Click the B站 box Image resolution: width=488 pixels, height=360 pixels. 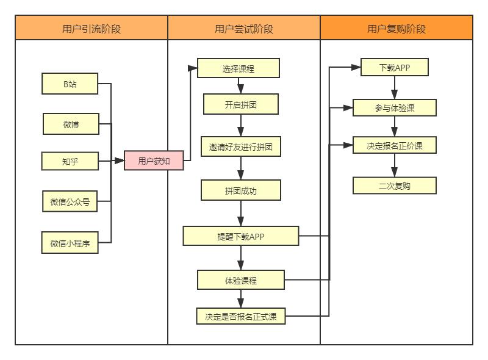click(70, 84)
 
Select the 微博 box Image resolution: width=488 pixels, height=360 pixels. click(71, 124)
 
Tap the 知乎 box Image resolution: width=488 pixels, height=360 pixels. click(70, 161)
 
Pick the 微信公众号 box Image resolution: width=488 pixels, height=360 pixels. click(70, 201)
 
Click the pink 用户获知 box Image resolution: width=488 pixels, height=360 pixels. click(154, 161)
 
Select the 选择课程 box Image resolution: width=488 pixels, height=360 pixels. click(238, 68)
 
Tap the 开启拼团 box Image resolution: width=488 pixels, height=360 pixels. click(240, 104)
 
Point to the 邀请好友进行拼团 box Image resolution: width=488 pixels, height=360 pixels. click(240, 147)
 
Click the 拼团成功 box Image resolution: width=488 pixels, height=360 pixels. click(240, 190)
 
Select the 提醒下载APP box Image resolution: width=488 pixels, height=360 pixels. click(240, 236)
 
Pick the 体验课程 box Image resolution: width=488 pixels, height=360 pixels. click(240, 280)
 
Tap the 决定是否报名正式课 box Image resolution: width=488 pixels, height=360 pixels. click(240, 316)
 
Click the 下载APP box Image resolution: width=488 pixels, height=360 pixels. click(394, 67)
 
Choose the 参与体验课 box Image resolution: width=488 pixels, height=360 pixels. click(395, 108)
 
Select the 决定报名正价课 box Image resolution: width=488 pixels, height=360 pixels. click(395, 146)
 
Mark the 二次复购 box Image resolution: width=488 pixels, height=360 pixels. click(395, 185)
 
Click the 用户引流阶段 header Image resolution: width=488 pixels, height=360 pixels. click(91, 28)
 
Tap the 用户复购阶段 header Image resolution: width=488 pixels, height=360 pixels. click(396, 28)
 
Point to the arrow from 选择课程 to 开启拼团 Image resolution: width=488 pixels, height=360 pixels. click(241, 86)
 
